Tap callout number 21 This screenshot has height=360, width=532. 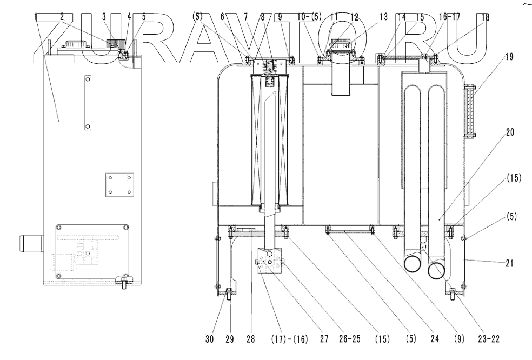[508, 263]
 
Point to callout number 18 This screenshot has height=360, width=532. [484, 17]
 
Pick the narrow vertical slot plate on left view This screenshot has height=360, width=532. [87, 103]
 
